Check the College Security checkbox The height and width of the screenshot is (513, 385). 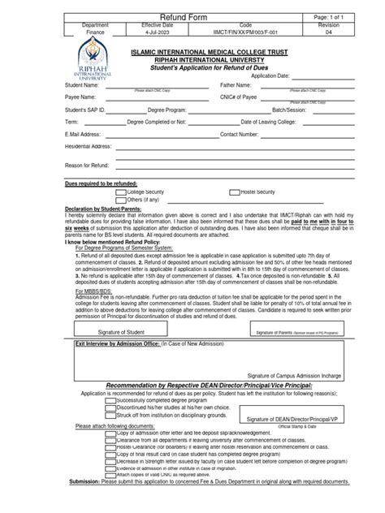tap(120, 191)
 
